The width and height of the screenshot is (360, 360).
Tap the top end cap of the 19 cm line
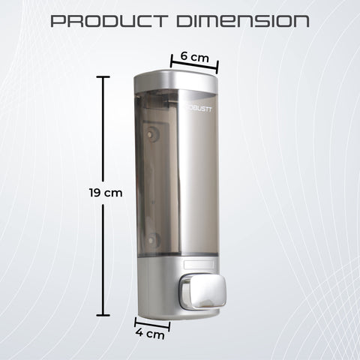(x=104, y=76)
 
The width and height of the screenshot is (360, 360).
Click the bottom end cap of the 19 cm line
(x=104, y=315)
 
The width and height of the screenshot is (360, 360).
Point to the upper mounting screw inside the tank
(x=154, y=136)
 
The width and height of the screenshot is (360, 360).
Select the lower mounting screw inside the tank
(x=154, y=240)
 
